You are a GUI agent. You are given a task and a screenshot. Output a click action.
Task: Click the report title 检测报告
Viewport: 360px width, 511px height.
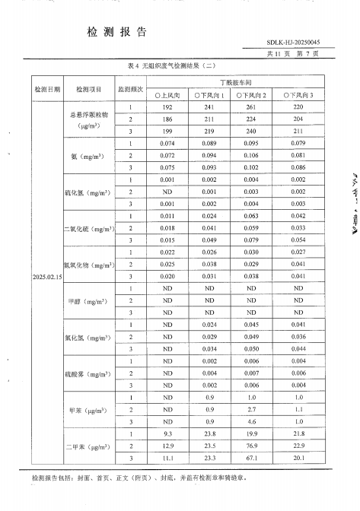click(117, 31)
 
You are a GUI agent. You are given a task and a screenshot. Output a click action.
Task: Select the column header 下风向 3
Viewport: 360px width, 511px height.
click(298, 97)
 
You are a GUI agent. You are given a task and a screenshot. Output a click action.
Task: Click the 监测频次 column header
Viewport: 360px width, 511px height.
click(130, 89)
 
